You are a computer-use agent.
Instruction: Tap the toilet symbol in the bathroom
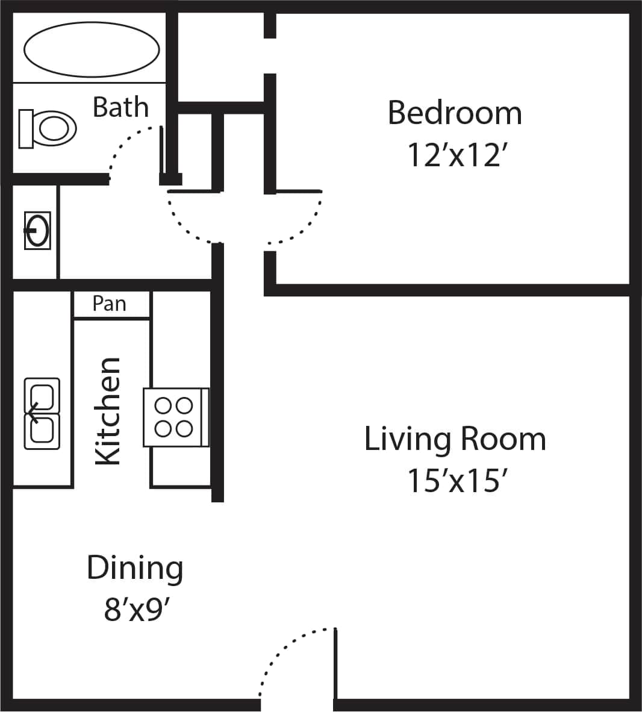point(48,128)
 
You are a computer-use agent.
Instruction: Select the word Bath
point(120,107)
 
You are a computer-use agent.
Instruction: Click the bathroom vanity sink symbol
point(37,230)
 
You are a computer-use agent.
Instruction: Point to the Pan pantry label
point(110,304)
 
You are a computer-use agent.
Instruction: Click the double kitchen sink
point(42,413)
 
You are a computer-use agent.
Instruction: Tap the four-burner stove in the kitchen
point(175,417)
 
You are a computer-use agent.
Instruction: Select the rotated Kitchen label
point(108,411)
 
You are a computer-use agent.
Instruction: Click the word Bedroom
point(455,113)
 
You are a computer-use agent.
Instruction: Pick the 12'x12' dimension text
point(455,155)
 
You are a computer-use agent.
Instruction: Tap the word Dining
point(135,567)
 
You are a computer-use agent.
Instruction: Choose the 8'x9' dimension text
point(135,610)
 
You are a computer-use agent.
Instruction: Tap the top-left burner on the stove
point(164,405)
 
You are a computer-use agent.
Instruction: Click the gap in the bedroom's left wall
point(270,56)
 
